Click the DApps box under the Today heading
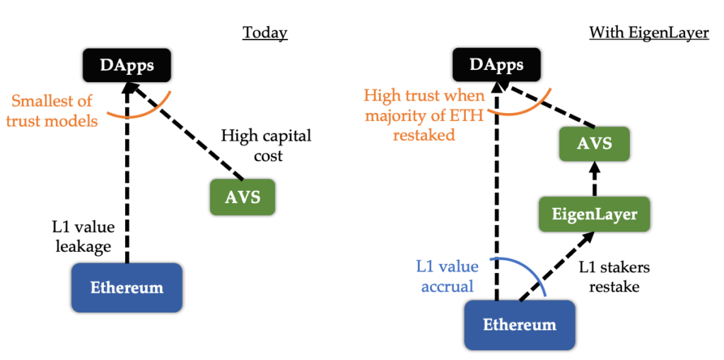point(127,65)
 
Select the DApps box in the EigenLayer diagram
point(497,65)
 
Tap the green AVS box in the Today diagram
point(243,197)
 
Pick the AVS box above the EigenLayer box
point(594,144)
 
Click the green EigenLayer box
point(595,214)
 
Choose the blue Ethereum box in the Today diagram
point(127,287)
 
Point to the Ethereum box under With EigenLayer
point(520,325)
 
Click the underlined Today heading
point(265,33)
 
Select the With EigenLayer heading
point(649,33)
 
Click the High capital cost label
point(266,145)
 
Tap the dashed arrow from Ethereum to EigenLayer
point(556,267)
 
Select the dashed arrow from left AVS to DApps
point(187,131)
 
